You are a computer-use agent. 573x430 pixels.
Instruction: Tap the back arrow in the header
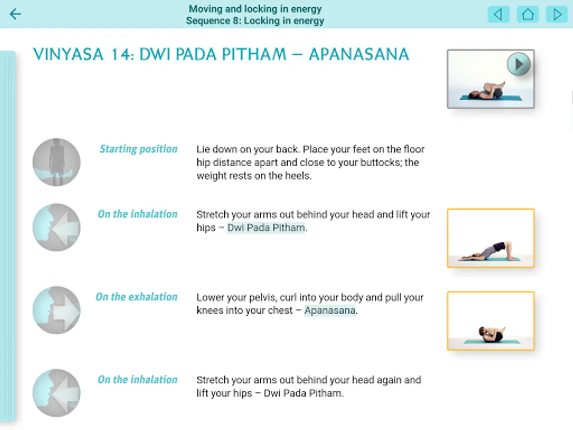(x=15, y=14)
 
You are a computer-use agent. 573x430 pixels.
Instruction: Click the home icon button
(x=528, y=14)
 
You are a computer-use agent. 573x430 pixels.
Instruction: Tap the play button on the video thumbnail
(x=519, y=64)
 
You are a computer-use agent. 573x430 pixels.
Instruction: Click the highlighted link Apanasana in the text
(x=329, y=311)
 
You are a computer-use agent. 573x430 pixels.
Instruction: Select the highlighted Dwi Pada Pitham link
(x=266, y=228)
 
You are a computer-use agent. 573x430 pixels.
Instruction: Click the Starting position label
(x=138, y=149)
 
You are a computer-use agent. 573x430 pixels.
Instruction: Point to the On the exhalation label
(x=136, y=297)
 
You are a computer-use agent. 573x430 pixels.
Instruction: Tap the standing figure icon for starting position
(x=56, y=162)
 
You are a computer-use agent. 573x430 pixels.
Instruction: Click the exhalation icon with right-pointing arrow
(x=56, y=310)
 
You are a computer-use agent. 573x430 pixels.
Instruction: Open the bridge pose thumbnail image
(x=491, y=238)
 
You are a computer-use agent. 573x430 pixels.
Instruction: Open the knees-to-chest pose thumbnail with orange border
(x=491, y=321)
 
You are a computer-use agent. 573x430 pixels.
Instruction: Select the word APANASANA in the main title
(x=359, y=54)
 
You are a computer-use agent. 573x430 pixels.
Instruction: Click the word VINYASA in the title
(x=68, y=54)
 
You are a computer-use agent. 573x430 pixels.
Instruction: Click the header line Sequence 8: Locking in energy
(x=255, y=21)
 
